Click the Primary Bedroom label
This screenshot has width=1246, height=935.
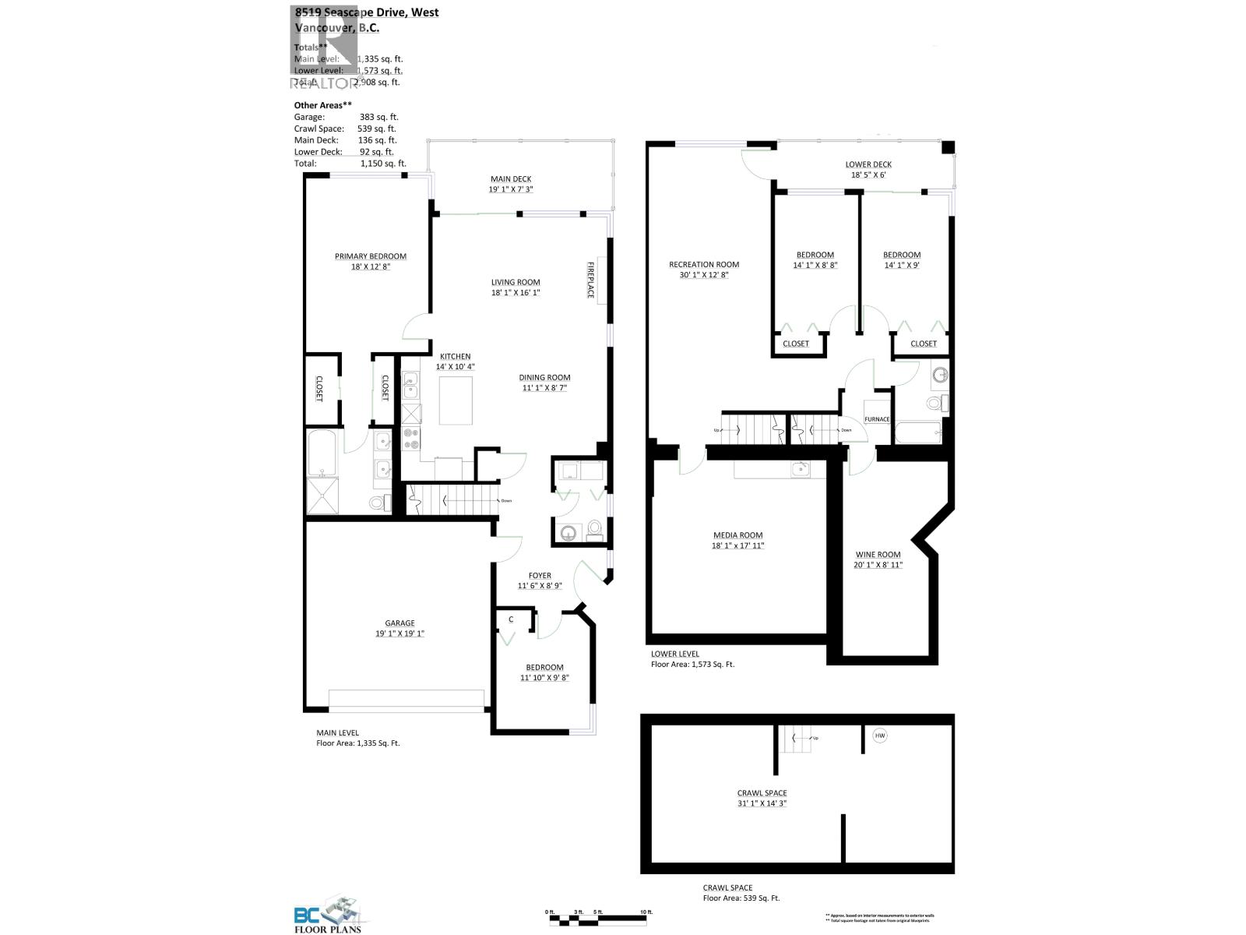[x=371, y=256]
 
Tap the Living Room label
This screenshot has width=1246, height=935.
[x=515, y=283]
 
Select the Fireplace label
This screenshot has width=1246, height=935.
[x=590, y=280]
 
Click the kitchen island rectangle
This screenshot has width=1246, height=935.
[x=456, y=400]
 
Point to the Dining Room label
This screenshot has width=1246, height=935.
[x=544, y=378]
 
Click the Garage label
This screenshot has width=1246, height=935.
[x=399, y=623]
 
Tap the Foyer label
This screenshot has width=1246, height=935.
[x=540, y=576]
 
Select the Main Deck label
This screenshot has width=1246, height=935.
[x=511, y=179]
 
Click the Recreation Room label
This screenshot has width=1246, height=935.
[x=704, y=265]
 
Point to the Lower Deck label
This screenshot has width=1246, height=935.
[x=868, y=164]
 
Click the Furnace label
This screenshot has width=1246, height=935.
[x=877, y=419]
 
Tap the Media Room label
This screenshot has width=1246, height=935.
[x=738, y=535]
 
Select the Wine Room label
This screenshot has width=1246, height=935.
[x=878, y=555]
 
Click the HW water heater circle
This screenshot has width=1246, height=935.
[x=880, y=736]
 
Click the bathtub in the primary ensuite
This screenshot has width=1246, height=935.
[x=322, y=453]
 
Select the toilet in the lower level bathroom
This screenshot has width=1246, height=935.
[x=935, y=404]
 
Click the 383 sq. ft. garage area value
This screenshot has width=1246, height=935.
[x=378, y=117]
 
